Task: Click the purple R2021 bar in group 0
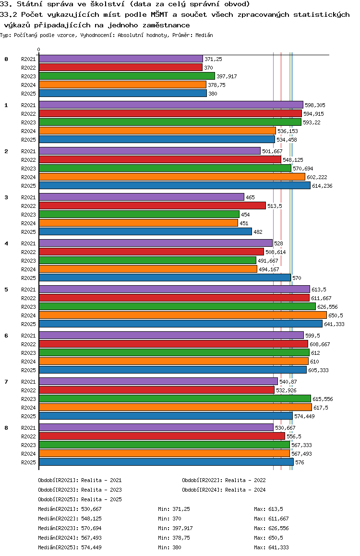[x=121, y=59]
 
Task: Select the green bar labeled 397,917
[x=127, y=76]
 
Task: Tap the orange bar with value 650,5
[x=183, y=315]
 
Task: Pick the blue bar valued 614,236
[x=175, y=185]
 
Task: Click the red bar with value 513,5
[x=152, y=205]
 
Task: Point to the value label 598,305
[x=315, y=105]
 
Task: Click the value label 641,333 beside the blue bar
[x=334, y=324]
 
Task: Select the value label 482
[x=258, y=232]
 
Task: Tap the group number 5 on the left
[x=6, y=290]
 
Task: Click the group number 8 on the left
[x=6, y=428]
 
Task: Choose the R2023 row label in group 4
[x=28, y=261]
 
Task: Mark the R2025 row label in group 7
[x=28, y=416]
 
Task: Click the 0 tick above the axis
[x=38, y=49]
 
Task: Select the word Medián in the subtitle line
[x=204, y=35]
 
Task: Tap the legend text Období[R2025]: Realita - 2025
[x=80, y=499]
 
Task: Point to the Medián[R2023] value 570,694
[x=91, y=528]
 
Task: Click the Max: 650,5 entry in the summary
[x=269, y=538]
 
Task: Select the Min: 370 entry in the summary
[x=170, y=519]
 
